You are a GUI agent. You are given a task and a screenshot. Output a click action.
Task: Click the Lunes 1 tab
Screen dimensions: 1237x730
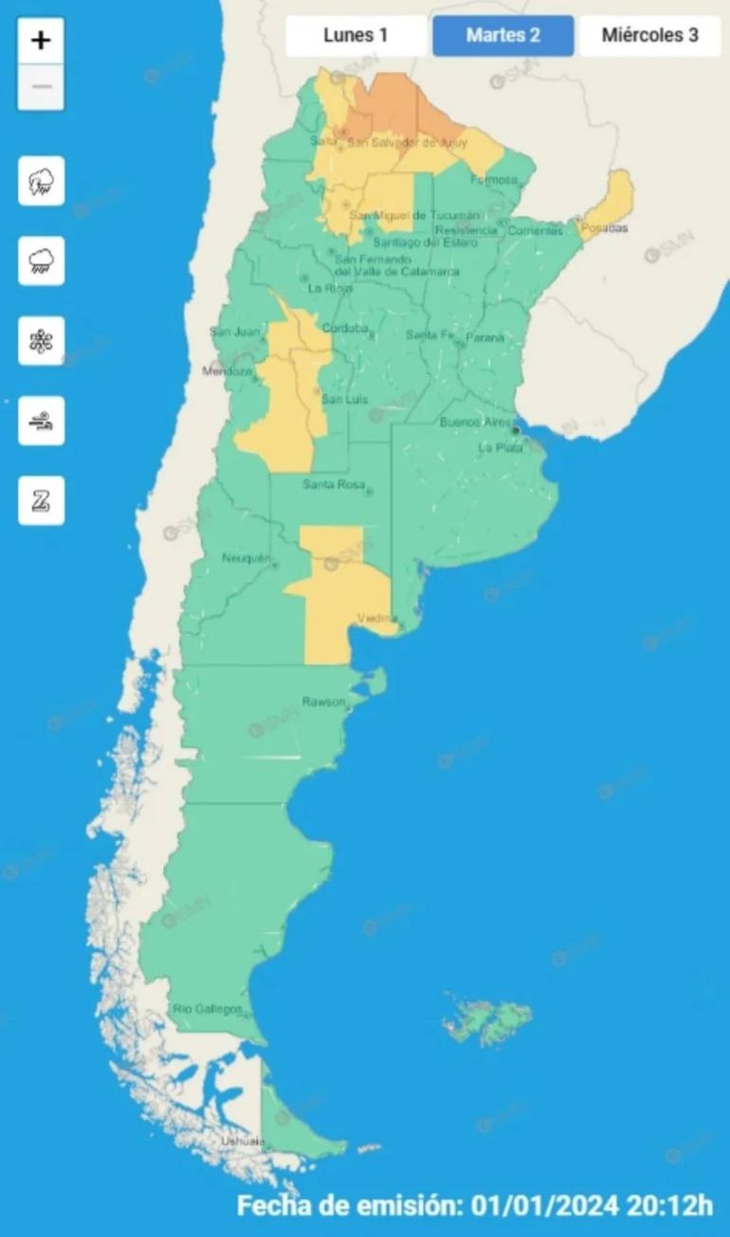pyautogui.click(x=356, y=36)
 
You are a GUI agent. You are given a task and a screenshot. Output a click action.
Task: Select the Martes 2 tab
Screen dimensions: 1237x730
pyautogui.click(x=503, y=36)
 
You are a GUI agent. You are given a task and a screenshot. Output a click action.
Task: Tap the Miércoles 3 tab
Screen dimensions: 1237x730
pyautogui.click(x=650, y=36)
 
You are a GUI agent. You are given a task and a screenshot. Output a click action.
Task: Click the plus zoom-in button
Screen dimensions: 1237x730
pyautogui.click(x=41, y=41)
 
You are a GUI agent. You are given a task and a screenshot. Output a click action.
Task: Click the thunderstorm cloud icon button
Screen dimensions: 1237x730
pyautogui.click(x=42, y=181)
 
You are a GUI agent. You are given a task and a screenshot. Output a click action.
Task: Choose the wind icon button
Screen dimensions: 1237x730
pyautogui.click(x=42, y=421)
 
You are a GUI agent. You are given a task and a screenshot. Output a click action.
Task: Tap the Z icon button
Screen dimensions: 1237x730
pyautogui.click(x=42, y=500)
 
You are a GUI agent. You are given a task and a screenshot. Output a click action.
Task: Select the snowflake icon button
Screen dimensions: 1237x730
pyautogui.click(x=42, y=341)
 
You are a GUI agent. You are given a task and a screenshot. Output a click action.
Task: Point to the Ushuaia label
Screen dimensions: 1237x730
pyautogui.click(x=242, y=1141)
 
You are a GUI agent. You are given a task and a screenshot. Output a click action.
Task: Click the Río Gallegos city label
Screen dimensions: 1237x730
pyautogui.click(x=208, y=1009)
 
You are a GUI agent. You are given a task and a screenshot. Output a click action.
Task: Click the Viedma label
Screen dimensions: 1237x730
pyautogui.click(x=376, y=619)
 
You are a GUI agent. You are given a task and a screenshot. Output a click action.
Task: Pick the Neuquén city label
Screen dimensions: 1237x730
pyautogui.click(x=246, y=557)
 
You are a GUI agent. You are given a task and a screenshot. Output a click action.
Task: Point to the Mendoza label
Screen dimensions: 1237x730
pyautogui.click(x=228, y=372)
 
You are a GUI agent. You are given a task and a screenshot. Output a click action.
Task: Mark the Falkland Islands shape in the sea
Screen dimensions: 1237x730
pyautogui.click(x=487, y=1019)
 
